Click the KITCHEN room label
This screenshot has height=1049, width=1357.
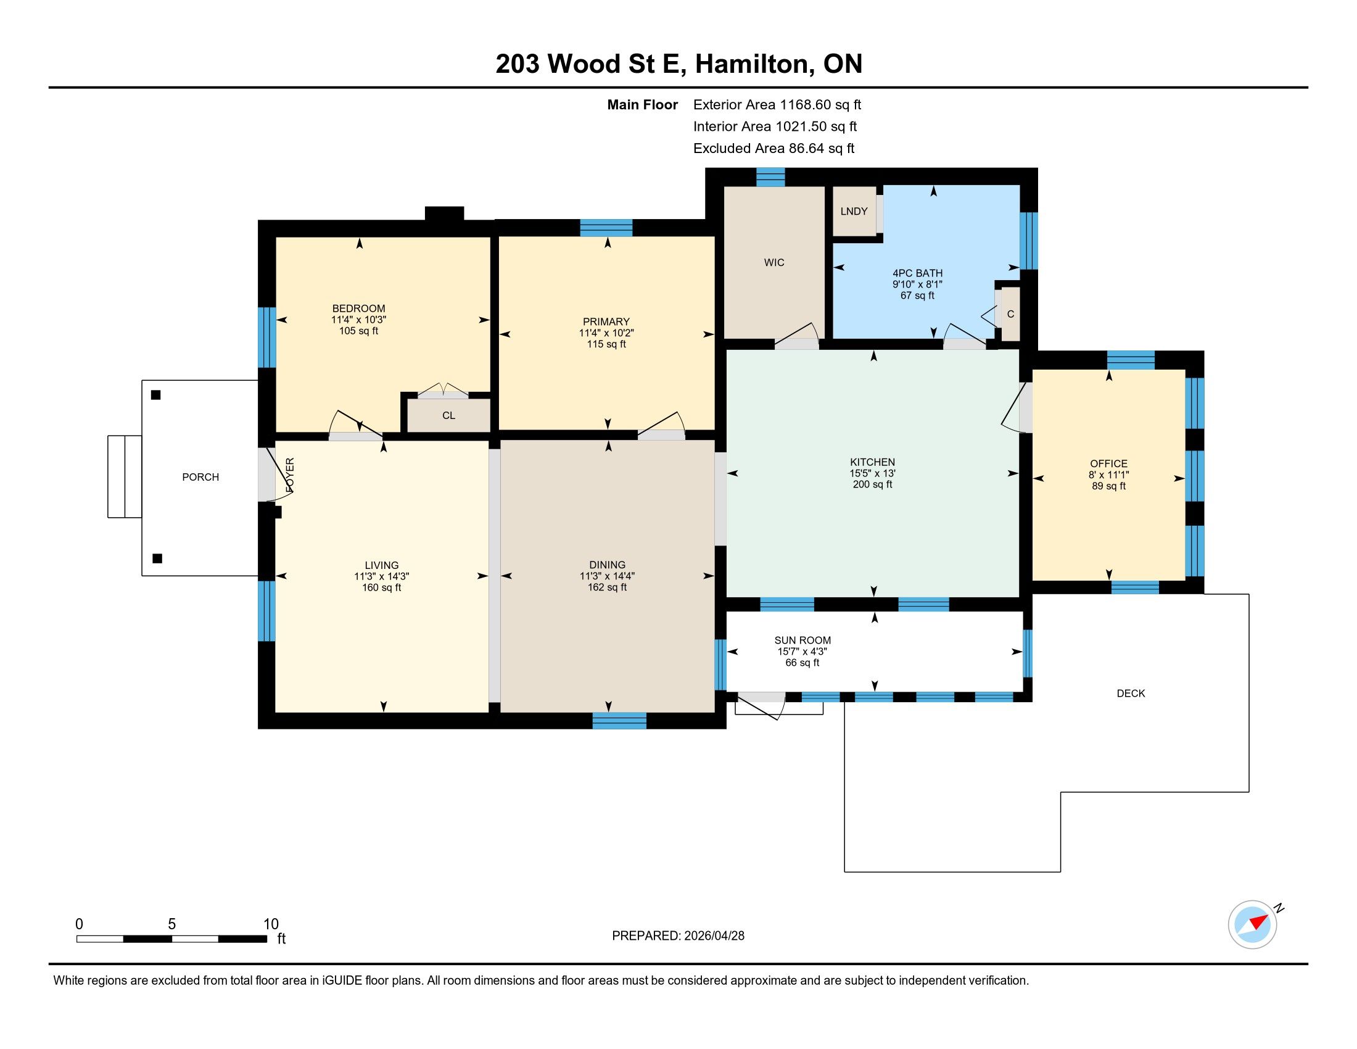pos(872,462)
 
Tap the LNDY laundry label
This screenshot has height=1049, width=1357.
pos(854,211)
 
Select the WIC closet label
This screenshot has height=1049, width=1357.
pos(774,262)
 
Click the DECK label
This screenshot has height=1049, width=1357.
pos(1131,693)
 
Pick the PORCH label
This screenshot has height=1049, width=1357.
pos(200,477)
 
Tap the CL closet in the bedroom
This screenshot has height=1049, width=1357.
pos(448,415)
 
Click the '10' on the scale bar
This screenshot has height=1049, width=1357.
pos(271,924)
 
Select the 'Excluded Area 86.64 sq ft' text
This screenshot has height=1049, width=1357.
pos(773,149)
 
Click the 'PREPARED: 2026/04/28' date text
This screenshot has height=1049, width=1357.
pos(678,935)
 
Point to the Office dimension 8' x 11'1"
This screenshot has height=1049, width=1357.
pos(1109,475)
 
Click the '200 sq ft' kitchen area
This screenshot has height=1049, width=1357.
pos(872,484)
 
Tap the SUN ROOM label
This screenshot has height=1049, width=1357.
pos(802,640)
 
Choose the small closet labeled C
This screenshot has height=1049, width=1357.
pos(1010,315)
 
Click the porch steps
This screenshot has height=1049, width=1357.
pos(125,476)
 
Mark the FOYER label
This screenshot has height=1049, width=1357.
pos(289,475)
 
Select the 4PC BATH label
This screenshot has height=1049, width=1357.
pos(917,273)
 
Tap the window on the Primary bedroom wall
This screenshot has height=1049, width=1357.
pos(606,228)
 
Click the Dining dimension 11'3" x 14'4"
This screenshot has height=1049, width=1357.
pos(607,576)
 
